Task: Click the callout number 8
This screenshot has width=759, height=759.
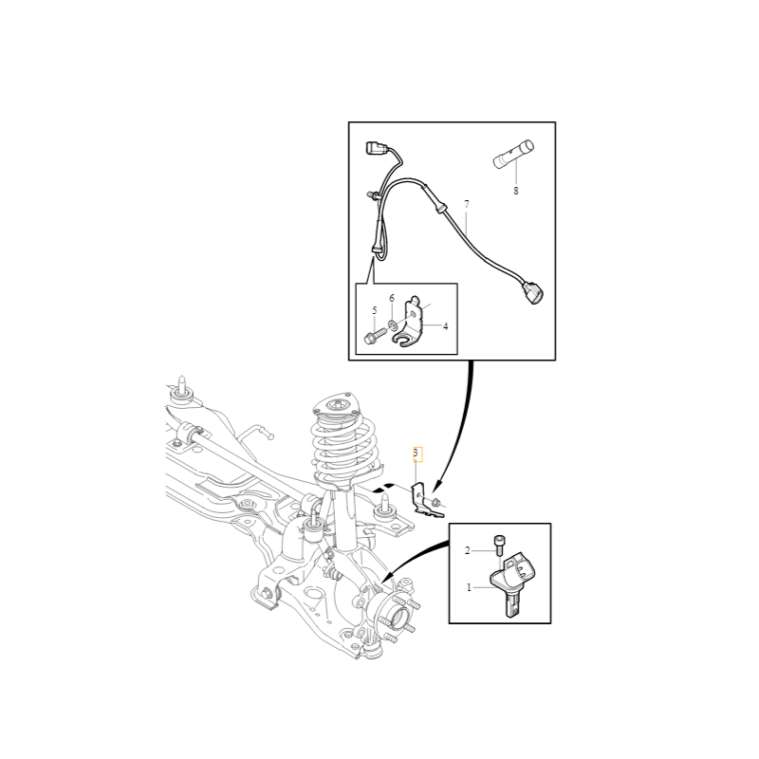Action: click(x=516, y=191)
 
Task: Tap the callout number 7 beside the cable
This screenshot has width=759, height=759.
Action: click(x=467, y=205)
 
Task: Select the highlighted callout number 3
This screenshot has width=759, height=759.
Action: click(x=416, y=453)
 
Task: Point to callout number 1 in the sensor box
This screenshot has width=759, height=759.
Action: click(x=469, y=587)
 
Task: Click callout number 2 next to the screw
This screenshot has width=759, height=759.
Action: click(x=468, y=550)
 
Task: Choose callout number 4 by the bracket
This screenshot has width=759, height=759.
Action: click(x=445, y=326)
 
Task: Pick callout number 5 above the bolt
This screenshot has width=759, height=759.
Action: click(x=374, y=310)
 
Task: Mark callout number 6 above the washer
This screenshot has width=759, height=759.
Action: click(x=391, y=299)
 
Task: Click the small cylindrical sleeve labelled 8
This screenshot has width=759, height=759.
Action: click(x=511, y=154)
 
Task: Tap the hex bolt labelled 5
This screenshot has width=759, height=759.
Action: click(x=373, y=336)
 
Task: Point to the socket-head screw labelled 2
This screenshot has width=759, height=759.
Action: click(x=499, y=546)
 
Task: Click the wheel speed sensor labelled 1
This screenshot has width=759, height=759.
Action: click(x=512, y=583)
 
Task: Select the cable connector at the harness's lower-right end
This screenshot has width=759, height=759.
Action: click(x=533, y=292)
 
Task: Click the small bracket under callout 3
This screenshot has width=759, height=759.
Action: click(x=422, y=500)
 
